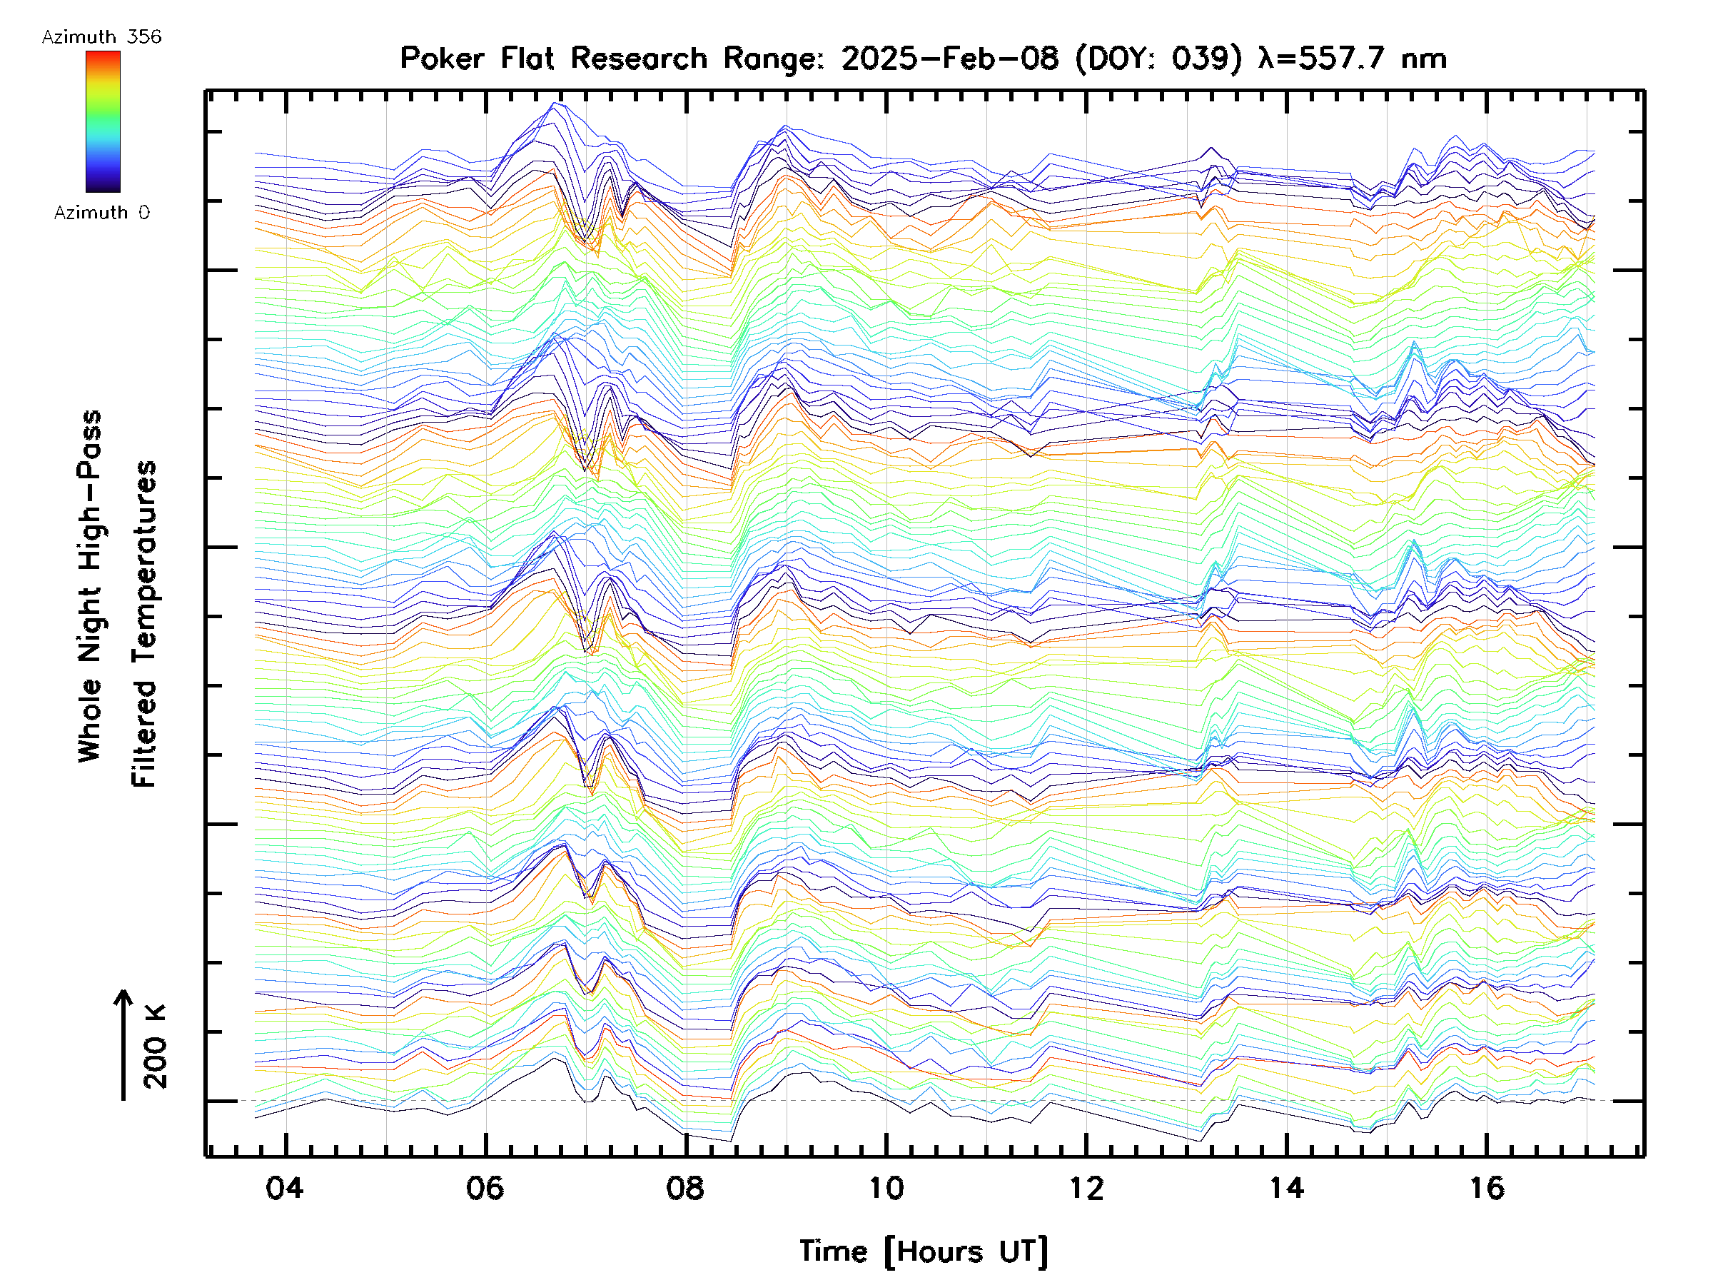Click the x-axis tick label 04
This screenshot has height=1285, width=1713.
pos(285,1187)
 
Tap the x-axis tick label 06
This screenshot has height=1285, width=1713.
pos(485,1187)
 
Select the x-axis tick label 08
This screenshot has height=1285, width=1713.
pos(685,1187)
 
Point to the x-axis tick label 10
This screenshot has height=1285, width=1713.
pos(886,1187)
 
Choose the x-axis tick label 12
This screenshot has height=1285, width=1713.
pos(1086,1187)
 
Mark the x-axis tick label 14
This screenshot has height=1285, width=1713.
pos(1286,1187)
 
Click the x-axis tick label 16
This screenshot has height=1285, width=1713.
pos(1487,1187)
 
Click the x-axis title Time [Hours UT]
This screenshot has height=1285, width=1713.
pos(924,1251)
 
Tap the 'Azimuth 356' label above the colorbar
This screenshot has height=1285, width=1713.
pos(101,37)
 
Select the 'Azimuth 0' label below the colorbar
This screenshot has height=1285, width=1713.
pos(101,212)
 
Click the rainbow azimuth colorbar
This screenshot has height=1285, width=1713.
pos(103,121)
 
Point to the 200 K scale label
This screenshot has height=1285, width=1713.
pos(155,1047)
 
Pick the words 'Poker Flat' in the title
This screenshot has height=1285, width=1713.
pos(475,58)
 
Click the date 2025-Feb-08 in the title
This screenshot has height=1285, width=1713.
pos(949,58)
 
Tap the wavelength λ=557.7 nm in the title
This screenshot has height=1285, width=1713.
pos(1352,58)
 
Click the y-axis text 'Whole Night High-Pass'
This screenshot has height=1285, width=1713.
pos(90,585)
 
